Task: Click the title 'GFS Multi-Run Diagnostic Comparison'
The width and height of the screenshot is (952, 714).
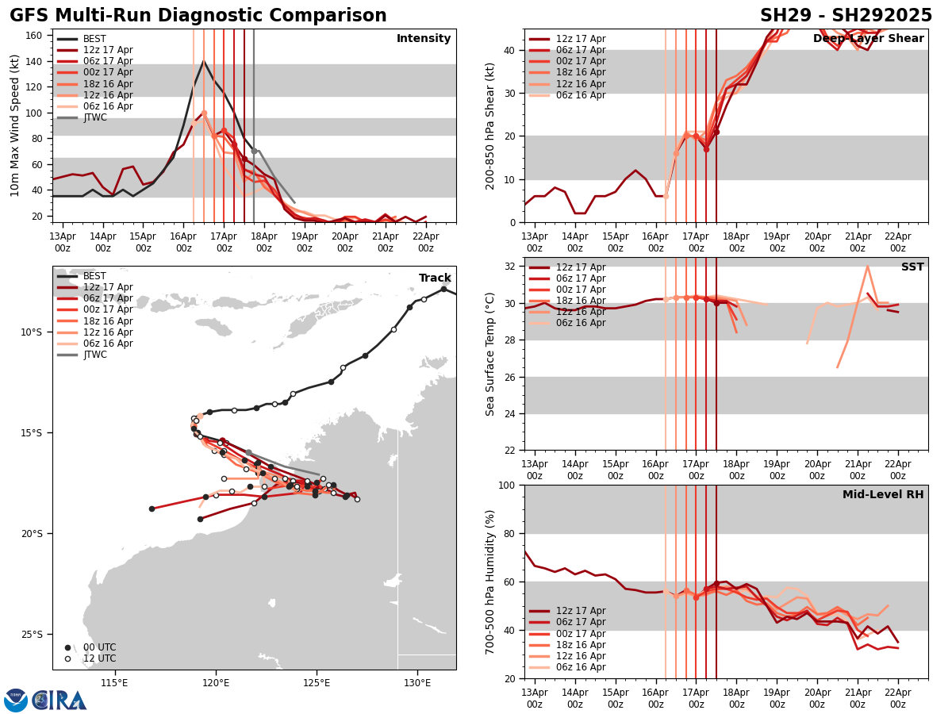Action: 198,16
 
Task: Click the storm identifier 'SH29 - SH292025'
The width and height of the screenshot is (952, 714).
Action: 846,16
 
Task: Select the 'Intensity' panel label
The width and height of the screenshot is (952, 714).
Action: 424,39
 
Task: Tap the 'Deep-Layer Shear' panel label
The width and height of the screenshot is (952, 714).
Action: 868,39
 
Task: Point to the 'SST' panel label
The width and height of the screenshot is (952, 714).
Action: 912,267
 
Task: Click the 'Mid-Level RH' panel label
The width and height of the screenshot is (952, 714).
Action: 883,495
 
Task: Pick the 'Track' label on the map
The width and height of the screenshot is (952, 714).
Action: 435,278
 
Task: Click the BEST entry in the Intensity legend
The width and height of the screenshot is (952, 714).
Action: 94,39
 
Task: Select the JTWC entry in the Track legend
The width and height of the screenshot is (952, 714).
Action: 95,355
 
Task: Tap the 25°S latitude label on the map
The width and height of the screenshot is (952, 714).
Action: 32,635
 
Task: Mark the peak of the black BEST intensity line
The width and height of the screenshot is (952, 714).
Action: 203,61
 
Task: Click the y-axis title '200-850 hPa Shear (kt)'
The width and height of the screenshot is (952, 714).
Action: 490,125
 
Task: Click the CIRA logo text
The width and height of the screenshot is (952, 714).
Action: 59,701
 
